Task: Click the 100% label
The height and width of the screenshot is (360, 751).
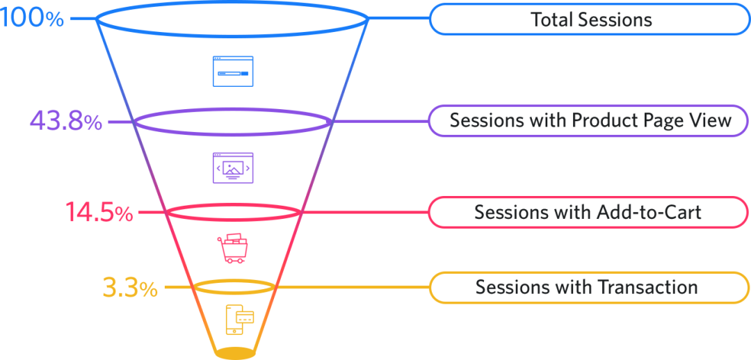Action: pos(32,18)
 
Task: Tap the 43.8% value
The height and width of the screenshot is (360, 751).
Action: pos(65,122)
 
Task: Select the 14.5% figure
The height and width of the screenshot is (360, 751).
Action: pos(99,213)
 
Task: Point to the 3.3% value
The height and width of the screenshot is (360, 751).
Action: pos(130,287)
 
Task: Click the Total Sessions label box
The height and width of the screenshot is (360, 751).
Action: pos(590,19)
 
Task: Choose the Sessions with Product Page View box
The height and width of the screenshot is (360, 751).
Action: pos(590,120)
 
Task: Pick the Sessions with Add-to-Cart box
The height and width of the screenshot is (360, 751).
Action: pos(588,212)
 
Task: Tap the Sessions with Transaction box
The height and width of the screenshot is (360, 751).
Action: pos(588,287)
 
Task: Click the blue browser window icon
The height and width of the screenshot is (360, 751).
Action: pos(232,71)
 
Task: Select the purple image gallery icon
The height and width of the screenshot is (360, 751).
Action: pos(232,167)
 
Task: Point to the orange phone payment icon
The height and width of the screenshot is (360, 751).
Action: pos(239,319)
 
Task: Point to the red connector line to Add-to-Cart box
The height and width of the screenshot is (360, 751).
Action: pos(365,212)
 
